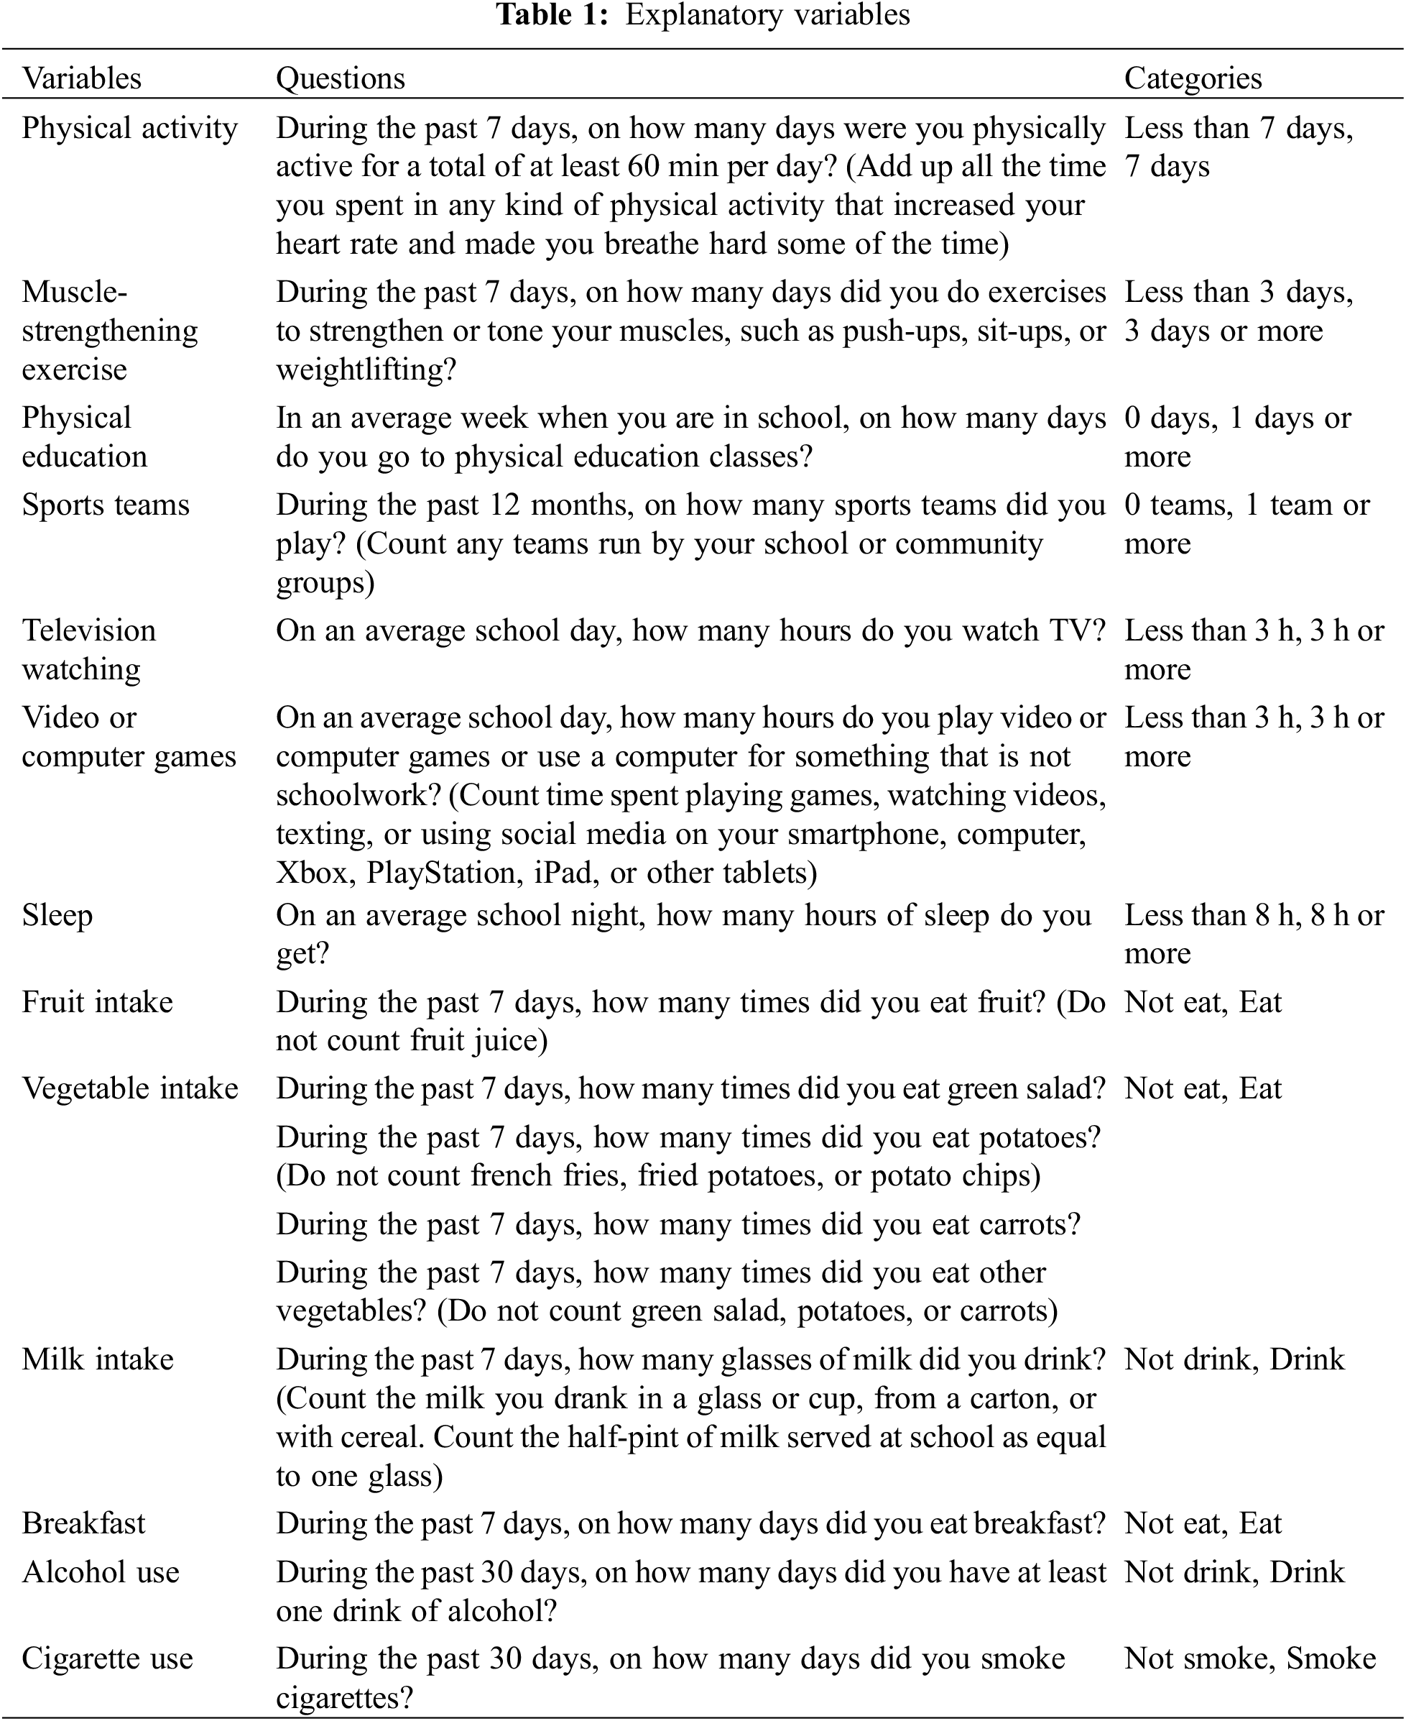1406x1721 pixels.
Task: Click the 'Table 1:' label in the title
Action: [552, 14]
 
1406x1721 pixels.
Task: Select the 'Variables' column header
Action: [81, 78]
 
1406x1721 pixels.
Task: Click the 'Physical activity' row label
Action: [129, 128]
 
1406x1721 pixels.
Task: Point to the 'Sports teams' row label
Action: [106, 505]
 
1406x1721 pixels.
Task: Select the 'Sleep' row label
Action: [57, 916]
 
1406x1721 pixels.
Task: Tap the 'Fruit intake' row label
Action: [97, 1002]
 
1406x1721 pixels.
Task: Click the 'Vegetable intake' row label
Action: [129, 1088]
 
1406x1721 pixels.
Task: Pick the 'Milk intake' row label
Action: [97, 1359]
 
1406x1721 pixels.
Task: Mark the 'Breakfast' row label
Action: [83, 1523]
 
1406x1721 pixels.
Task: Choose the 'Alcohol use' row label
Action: [101, 1572]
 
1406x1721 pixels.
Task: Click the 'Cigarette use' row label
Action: [107, 1658]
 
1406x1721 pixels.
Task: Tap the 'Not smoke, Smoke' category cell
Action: [1249, 1658]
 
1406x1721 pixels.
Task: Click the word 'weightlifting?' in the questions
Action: [366, 370]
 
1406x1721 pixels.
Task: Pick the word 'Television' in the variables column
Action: [88, 630]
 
